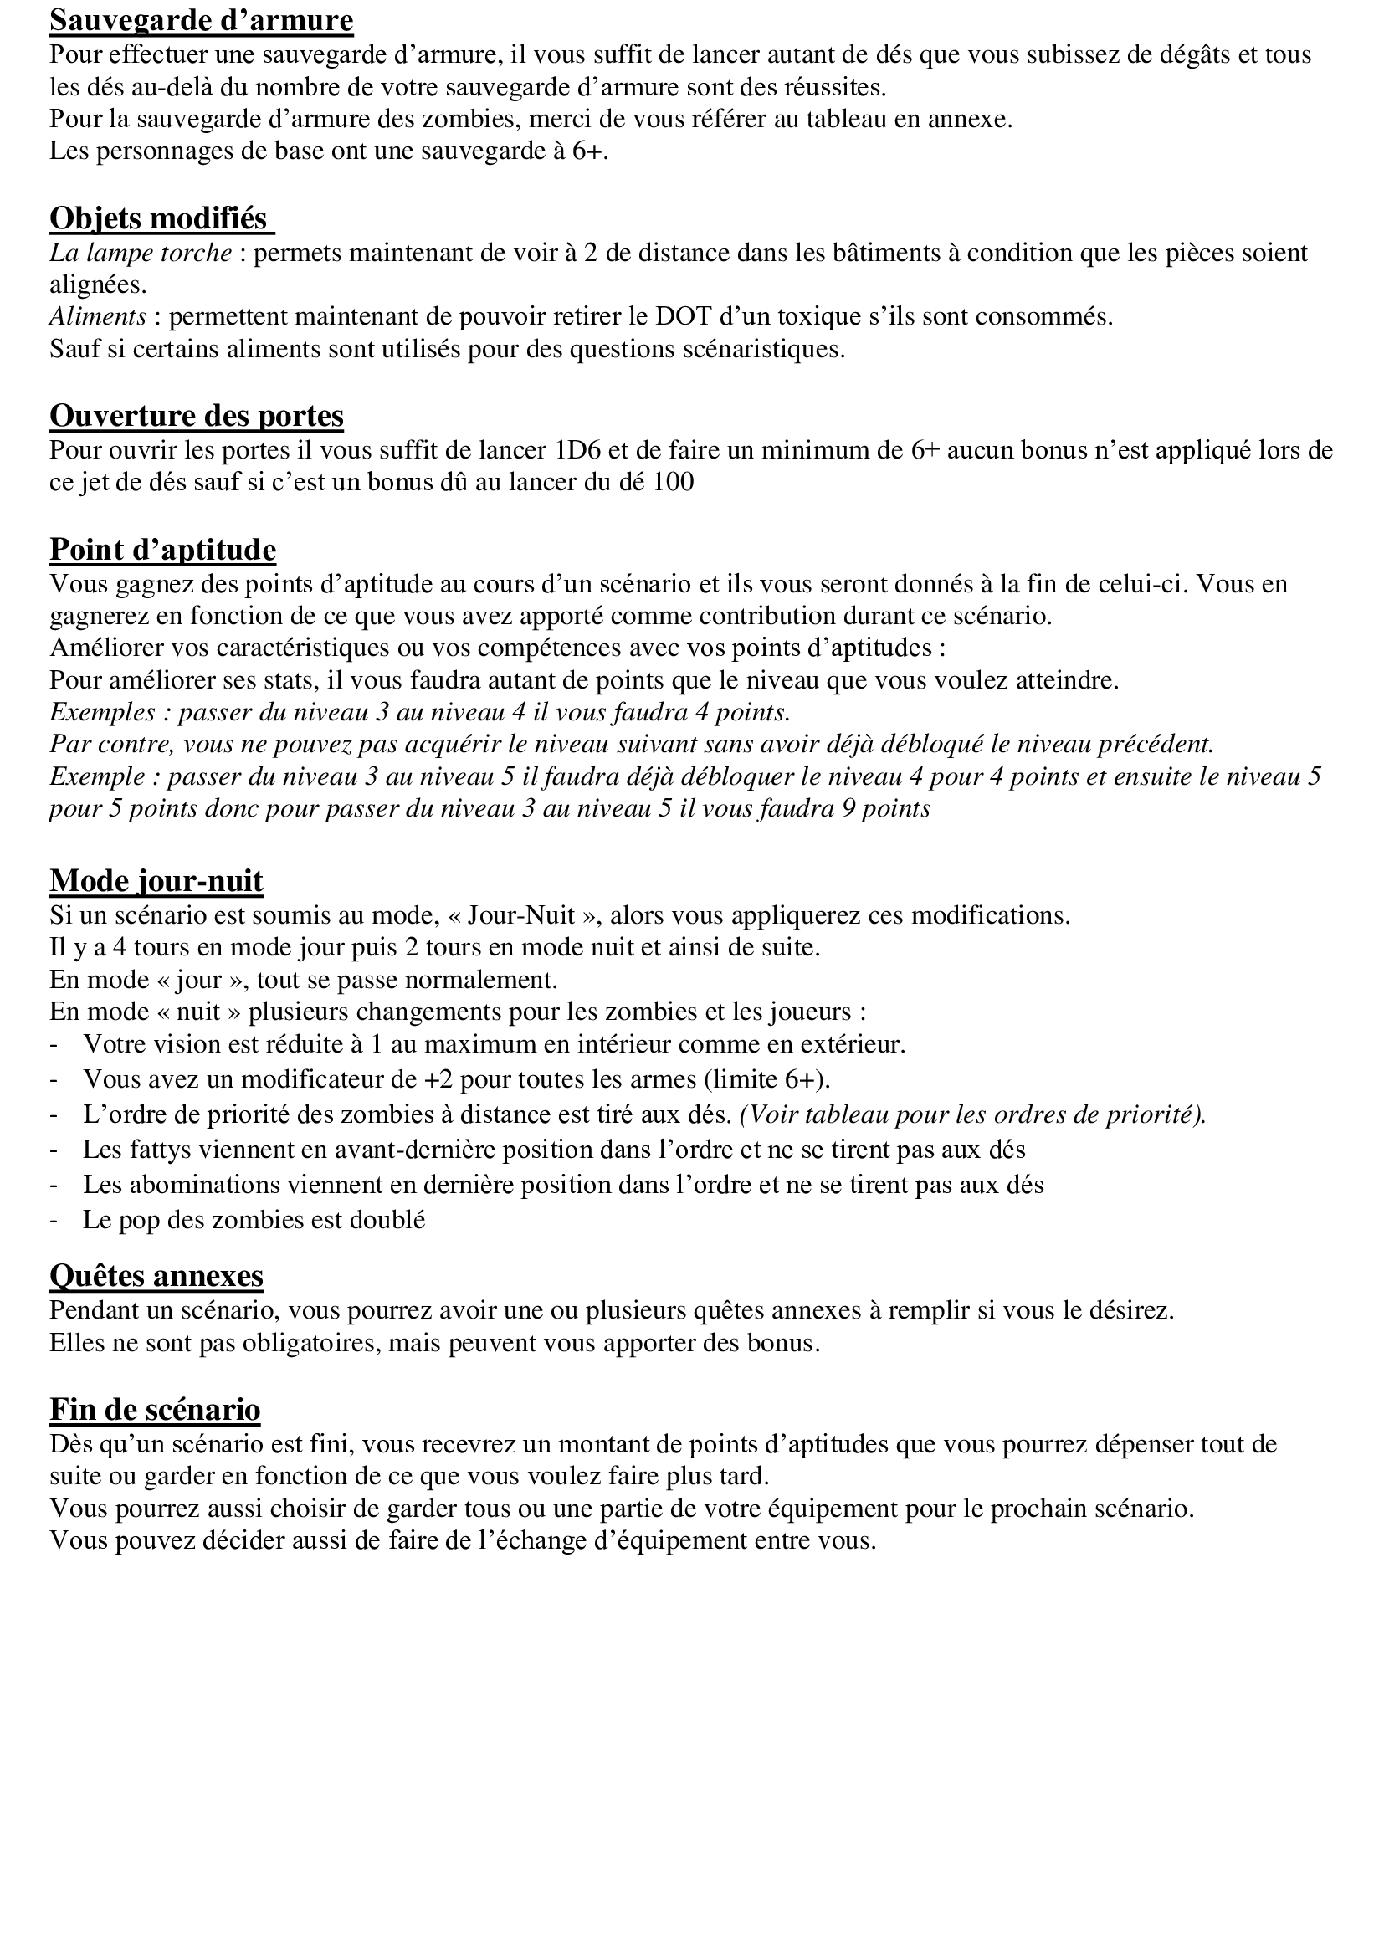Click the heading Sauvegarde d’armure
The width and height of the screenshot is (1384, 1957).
[201, 20]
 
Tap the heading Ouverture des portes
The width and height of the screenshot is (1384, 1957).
[197, 416]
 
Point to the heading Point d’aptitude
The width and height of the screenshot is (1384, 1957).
[163, 550]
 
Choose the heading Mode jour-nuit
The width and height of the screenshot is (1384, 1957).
[156, 880]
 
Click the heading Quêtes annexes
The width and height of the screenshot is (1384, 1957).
[156, 1276]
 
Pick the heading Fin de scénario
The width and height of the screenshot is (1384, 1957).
[155, 1410]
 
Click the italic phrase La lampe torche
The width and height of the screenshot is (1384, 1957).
[141, 254]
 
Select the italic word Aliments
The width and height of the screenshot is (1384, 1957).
[98, 317]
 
